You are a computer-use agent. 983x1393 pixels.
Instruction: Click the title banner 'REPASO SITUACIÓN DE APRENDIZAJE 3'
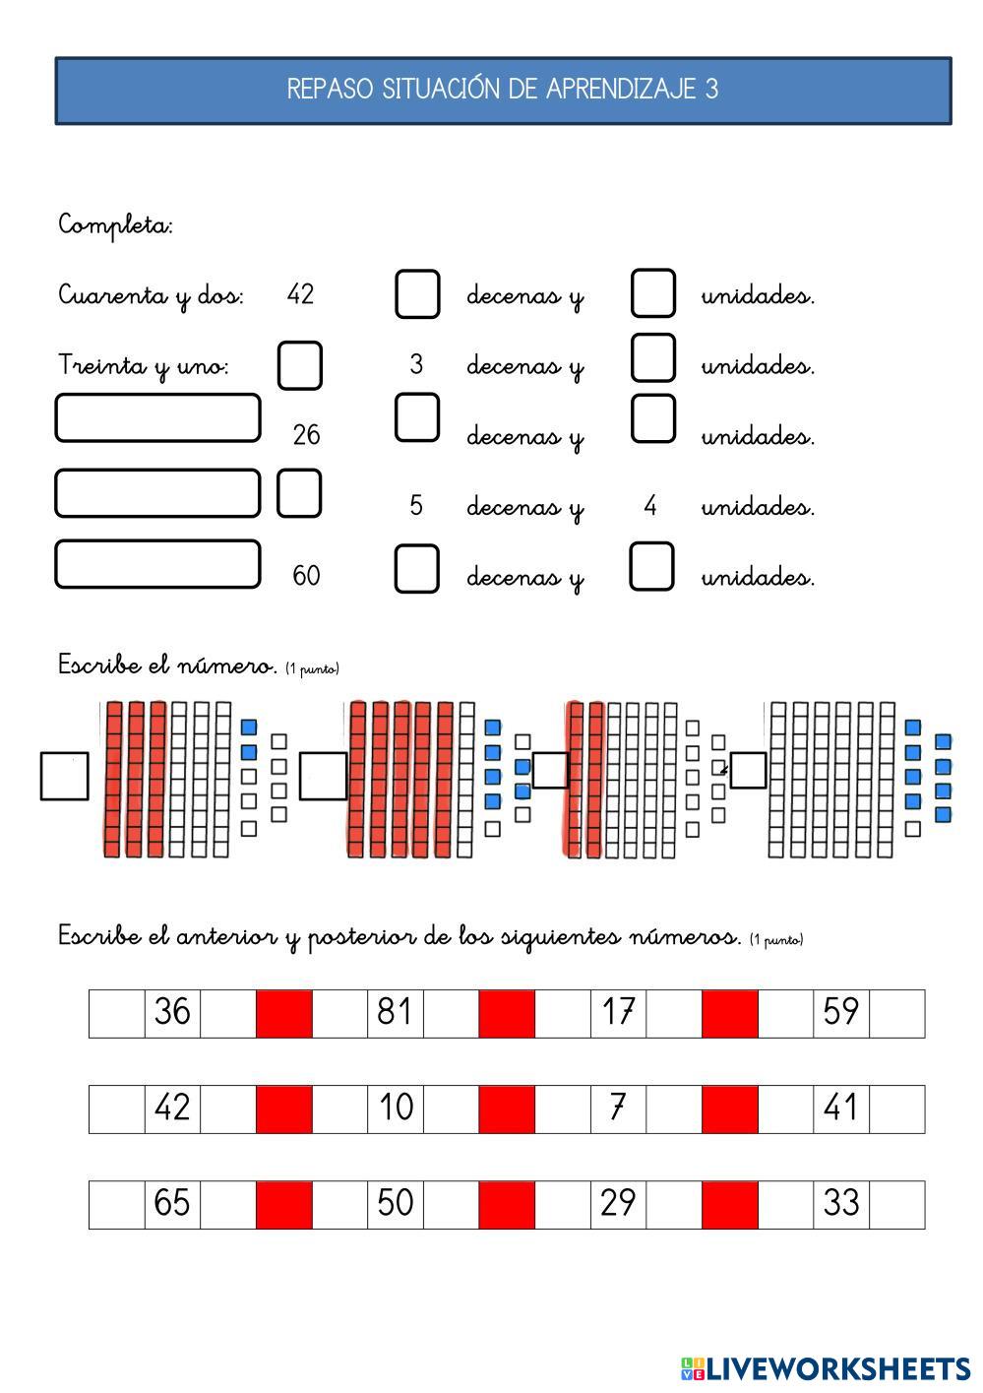[503, 91]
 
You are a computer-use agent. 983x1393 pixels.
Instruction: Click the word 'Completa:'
[115, 225]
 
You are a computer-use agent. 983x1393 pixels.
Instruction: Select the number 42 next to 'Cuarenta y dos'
[300, 294]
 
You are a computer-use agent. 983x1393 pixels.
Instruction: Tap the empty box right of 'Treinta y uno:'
[299, 365]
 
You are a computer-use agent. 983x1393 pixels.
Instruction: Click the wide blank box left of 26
[157, 418]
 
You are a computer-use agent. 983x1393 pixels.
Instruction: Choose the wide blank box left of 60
[157, 564]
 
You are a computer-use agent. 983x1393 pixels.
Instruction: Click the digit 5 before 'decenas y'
[416, 506]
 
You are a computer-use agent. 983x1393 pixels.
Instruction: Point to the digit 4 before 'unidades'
[649, 506]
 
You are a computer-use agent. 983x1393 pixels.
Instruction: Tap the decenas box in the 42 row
[417, 294]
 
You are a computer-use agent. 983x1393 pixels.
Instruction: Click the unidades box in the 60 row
[651, 567]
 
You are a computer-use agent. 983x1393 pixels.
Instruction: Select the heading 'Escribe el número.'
[167, 665]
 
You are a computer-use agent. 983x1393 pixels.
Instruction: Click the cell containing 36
[172, 1013]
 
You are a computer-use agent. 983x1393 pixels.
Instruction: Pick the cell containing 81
[395, 1013]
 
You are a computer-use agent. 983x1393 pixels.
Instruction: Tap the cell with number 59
[840, 1013]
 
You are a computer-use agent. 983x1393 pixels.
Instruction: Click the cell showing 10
[395, 1108]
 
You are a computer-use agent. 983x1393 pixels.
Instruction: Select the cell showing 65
[172, 1204]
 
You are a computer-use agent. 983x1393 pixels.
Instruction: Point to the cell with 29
[618, 1204]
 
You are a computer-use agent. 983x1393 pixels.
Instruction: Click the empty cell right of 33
[896, 1204]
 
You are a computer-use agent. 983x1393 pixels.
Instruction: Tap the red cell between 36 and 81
[283, 1013]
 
